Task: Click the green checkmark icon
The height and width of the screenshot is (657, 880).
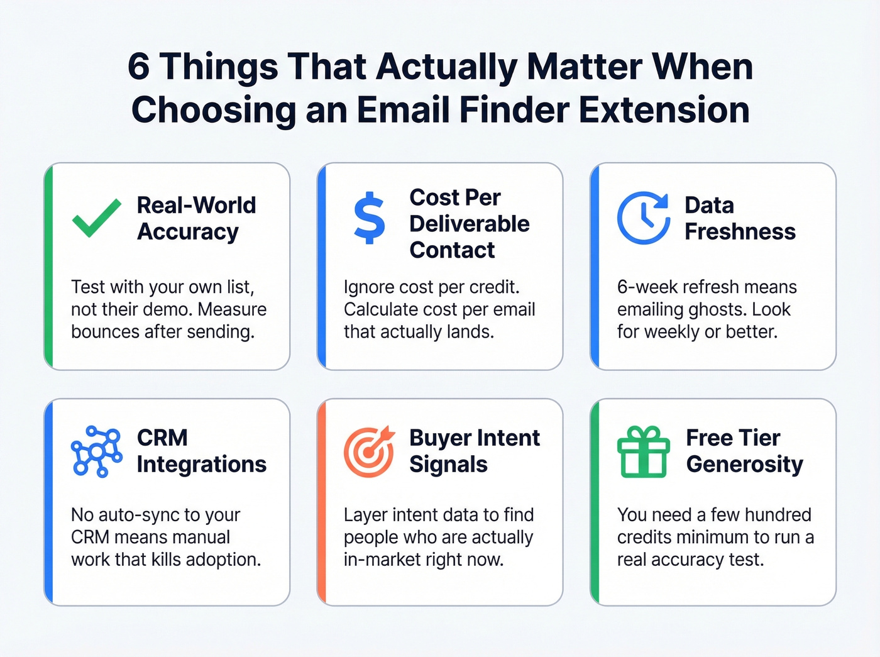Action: [96, 218]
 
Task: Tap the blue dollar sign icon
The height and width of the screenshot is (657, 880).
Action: [369, 218]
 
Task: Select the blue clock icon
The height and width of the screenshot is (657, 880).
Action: [643, 218]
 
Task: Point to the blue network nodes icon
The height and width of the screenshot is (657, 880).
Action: [96, 451]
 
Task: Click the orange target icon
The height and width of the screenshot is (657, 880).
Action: [369, 451]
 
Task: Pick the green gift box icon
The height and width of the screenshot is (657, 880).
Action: [643, 451]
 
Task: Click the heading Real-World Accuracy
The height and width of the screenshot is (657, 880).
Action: [196, 218]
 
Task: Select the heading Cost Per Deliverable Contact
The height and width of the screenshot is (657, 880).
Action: [469, 224]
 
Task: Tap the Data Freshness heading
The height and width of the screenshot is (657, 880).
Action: [740, 218]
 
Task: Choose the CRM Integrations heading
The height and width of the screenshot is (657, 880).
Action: [201, 451]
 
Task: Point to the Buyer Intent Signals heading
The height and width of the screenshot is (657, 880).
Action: [474, 451]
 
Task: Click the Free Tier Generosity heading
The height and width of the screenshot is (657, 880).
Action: [744, 451]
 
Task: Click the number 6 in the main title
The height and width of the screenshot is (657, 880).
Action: [138, 67]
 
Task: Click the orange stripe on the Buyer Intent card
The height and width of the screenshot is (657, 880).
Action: [322, 502]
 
